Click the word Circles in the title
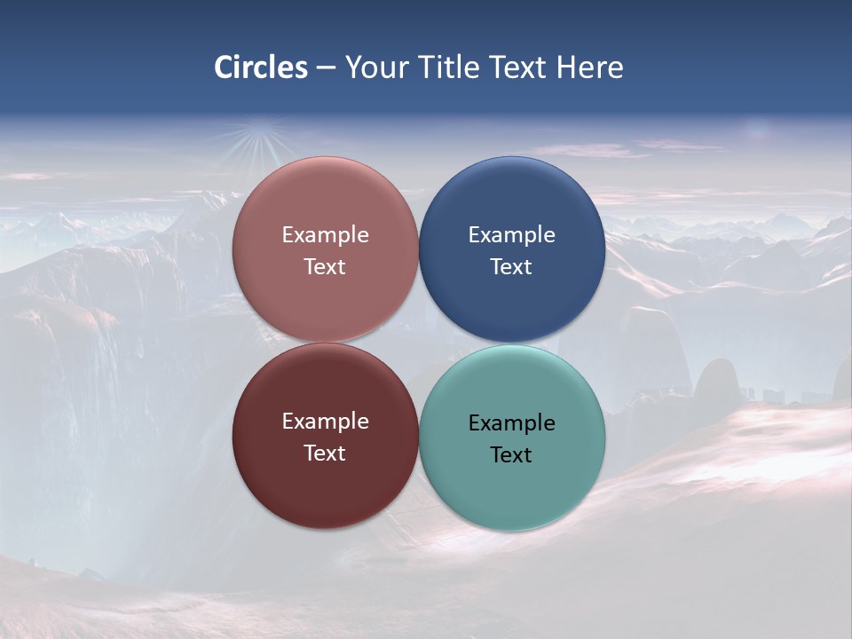tap(261, 67)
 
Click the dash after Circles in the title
tap(326, 68)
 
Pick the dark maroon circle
tap(325, 485)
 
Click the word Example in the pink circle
tap(325, 235)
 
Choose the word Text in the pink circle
tap(325, 267)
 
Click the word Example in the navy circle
tap(511, 235)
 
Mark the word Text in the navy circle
tap(511, 267)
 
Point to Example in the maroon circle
tap(325, 422)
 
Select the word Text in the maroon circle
tap(325, 454)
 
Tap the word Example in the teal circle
tap(511, 423)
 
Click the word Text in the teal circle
tap(511, 455)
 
